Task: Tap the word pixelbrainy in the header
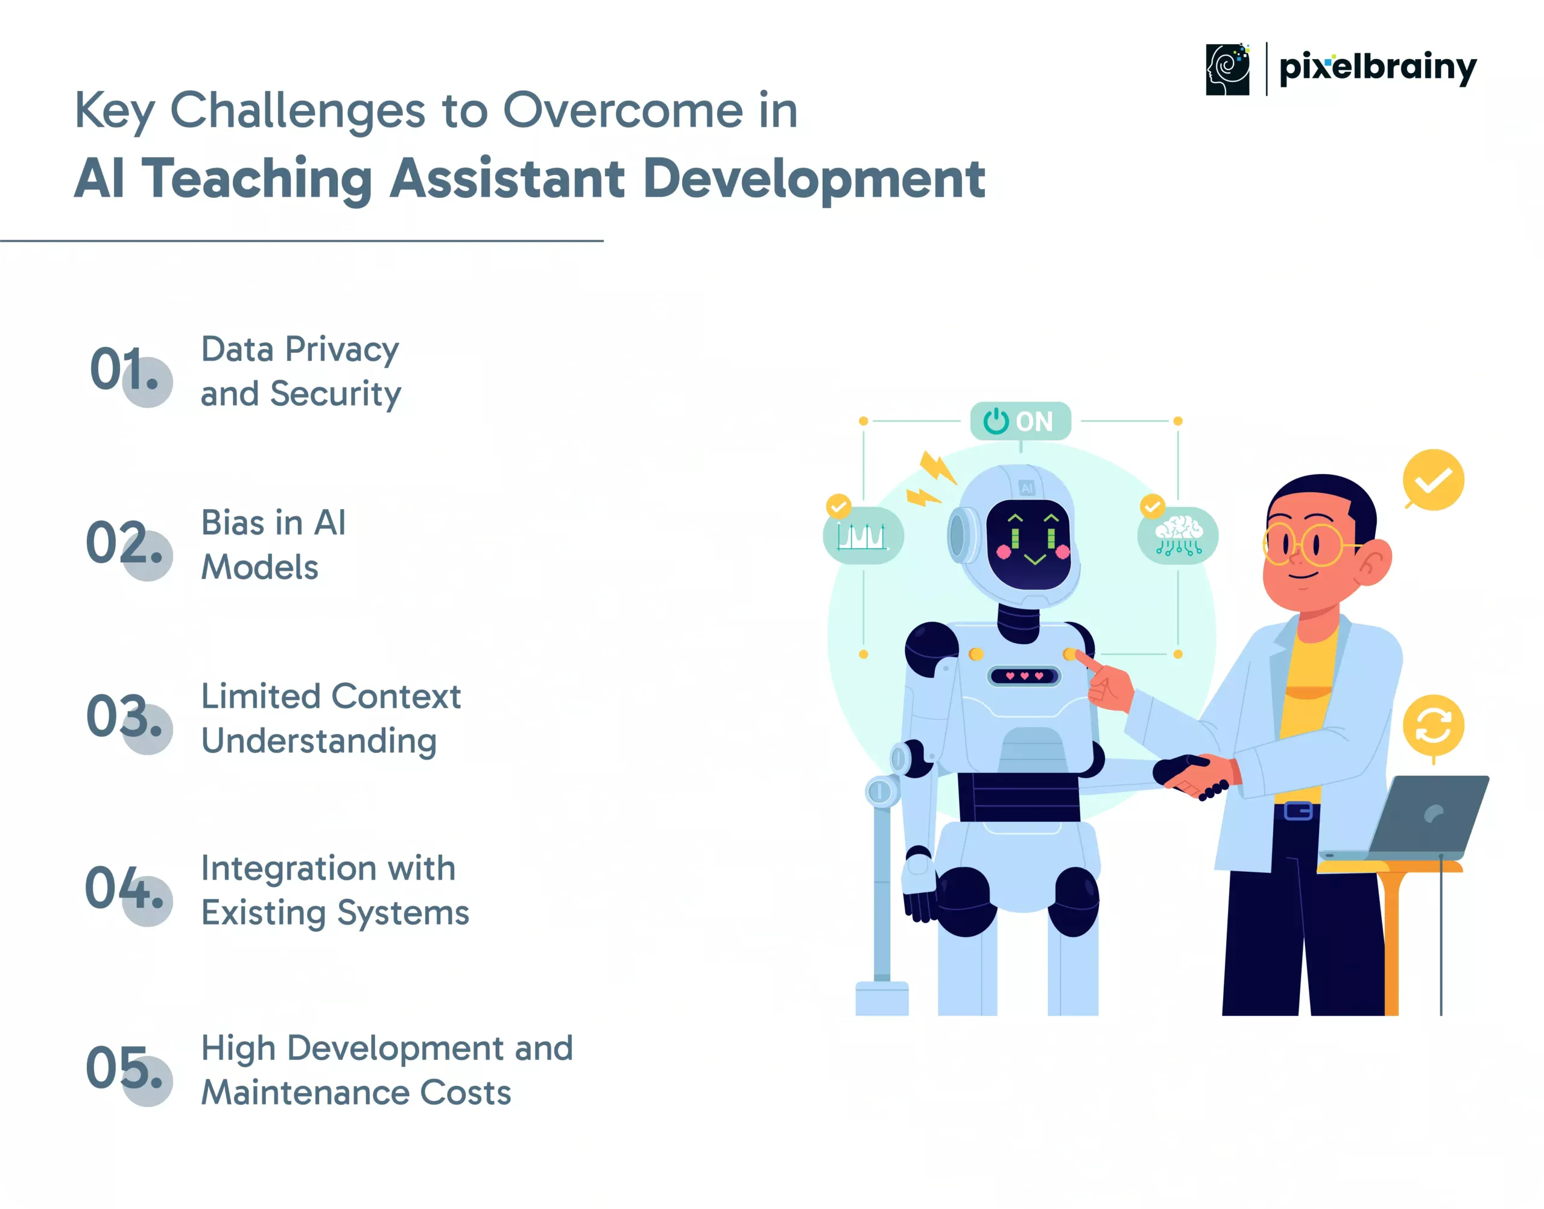pyautogui.click(x=1378, y=69)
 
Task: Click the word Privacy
pyautogui.click(x=343, y=351)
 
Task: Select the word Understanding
pyautogui.click(x=319, y=743)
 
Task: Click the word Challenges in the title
pyautogui.click(x=298, y=112)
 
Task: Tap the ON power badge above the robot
pyautogui.click(x=1020, y=421)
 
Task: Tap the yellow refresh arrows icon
pyautogui.click(x=1434, y=726)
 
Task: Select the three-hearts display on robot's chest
pyautogui.click(x=1024, y=676)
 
